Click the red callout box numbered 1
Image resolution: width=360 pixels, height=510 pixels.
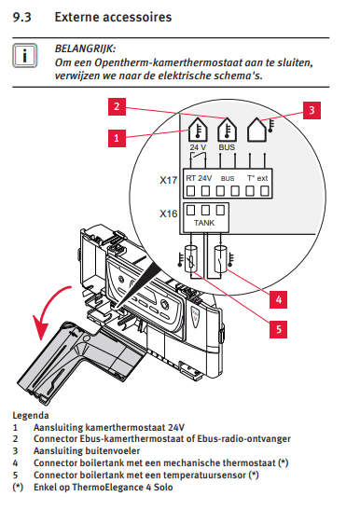pyautogui.click(x=117, y=138)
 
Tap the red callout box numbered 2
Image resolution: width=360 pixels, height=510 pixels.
pyautogui.click(x=117, y=106)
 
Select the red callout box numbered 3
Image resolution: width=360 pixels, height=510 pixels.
pyautogui.click(x=312, y=110)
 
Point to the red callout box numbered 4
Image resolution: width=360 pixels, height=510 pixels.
pyautogui.click(x=278, y=299)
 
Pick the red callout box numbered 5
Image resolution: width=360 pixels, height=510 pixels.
pyautogui.click(x=278, y=329)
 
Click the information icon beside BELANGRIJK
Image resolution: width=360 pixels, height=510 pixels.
pyautogui.click(x=25, y=55)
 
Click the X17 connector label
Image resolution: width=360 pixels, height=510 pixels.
pyautogui.click(x=168, y=180)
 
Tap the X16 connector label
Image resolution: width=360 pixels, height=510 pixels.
pyautogui.click(x=168, y=214)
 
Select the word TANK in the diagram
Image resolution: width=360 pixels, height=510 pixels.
pyautogui.click(x=204, y=223)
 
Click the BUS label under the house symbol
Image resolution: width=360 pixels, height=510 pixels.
pyautogui.click(x=227, y=147)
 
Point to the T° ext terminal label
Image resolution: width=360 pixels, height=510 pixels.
pyautogui.click(x=257, y=178)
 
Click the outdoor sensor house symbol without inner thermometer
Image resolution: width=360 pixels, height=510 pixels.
pyautogui.click(x=256, y=130)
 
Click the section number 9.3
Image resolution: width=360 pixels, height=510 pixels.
pyautogui.click(x=21, y=17)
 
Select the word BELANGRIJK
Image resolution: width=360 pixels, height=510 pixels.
pyautogui.click(x=85, y=48)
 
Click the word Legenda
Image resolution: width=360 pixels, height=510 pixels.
pyautogui.click(x=31, y=415)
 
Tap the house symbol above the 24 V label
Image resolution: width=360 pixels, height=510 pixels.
pyautogui.click(x=198, y=130)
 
